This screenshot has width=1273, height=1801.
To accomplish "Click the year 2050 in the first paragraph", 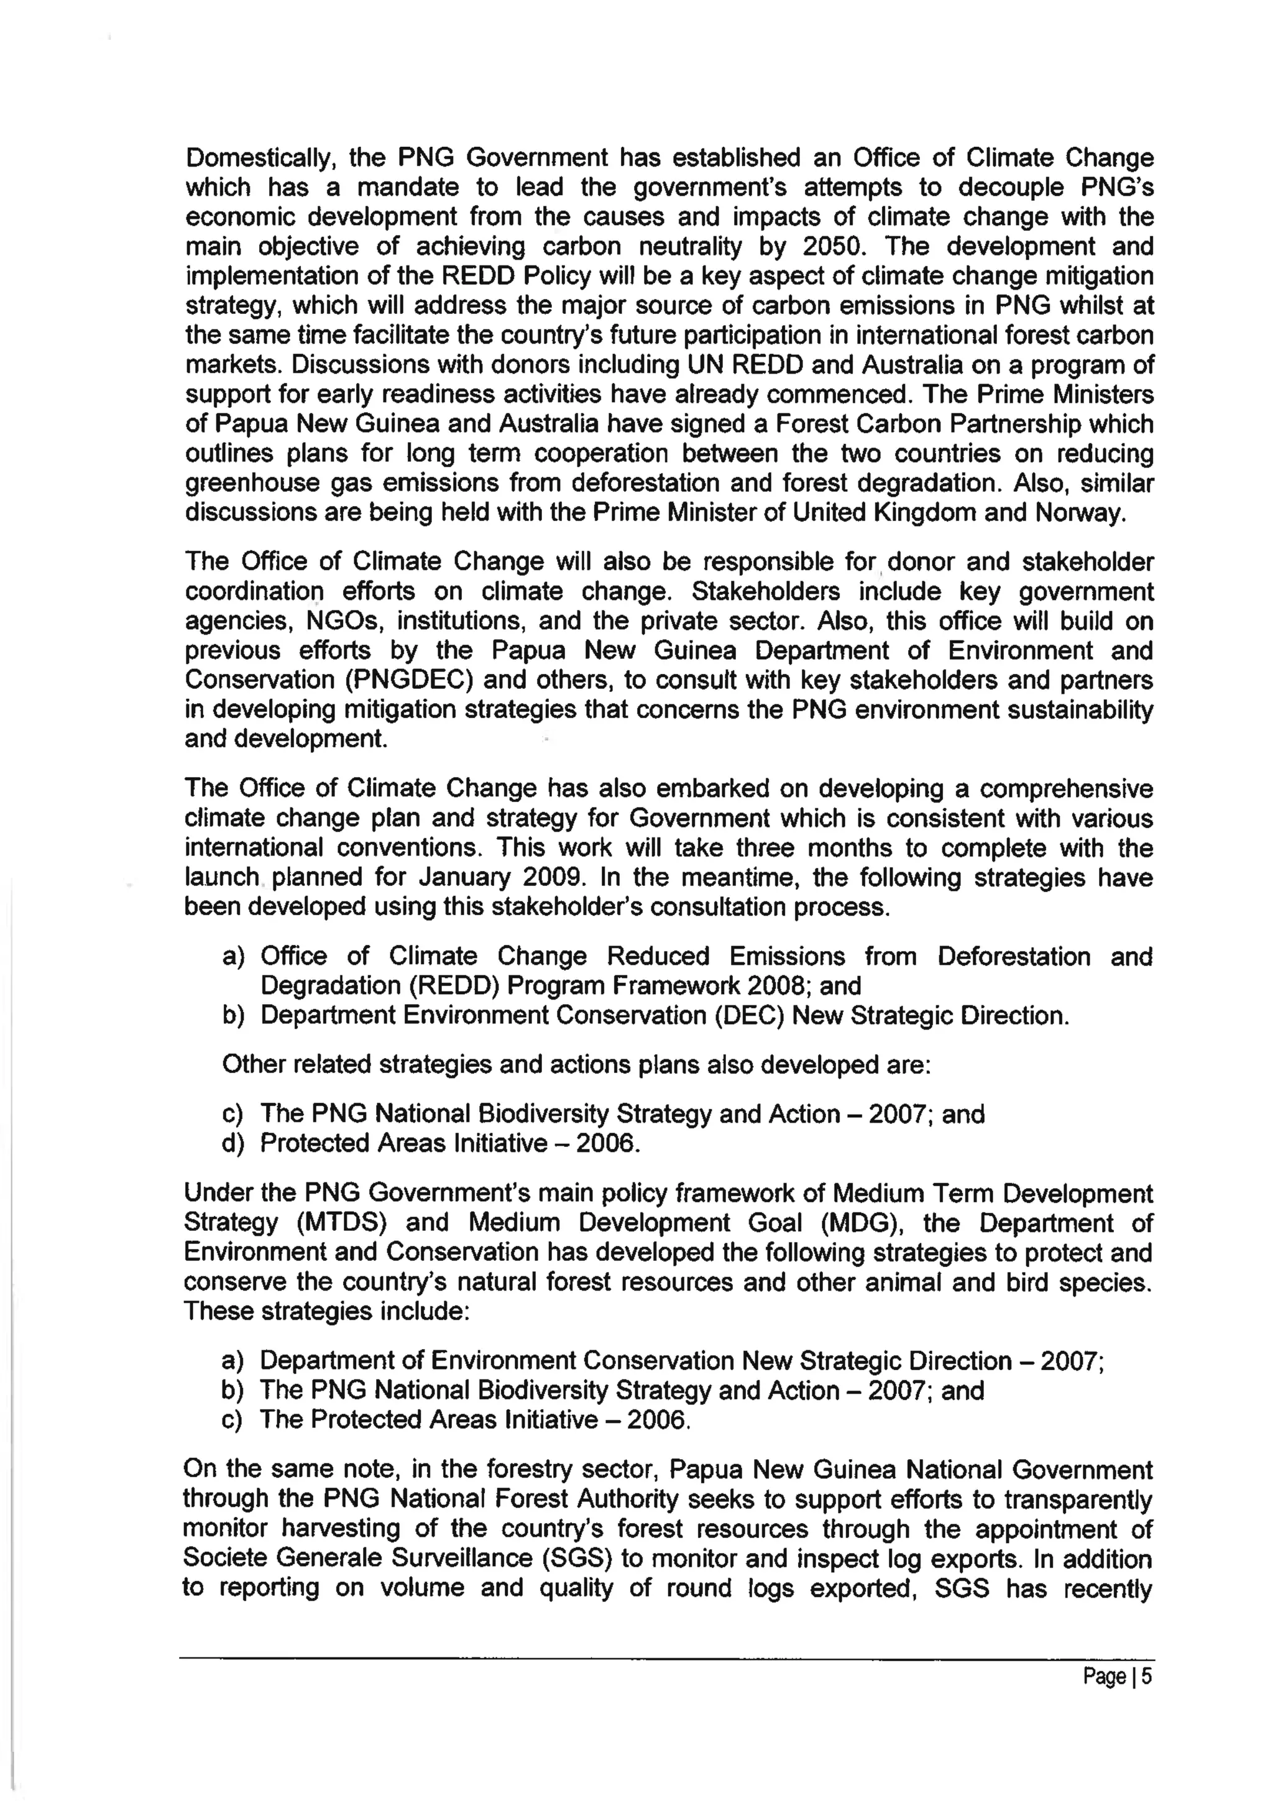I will [832, 247].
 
